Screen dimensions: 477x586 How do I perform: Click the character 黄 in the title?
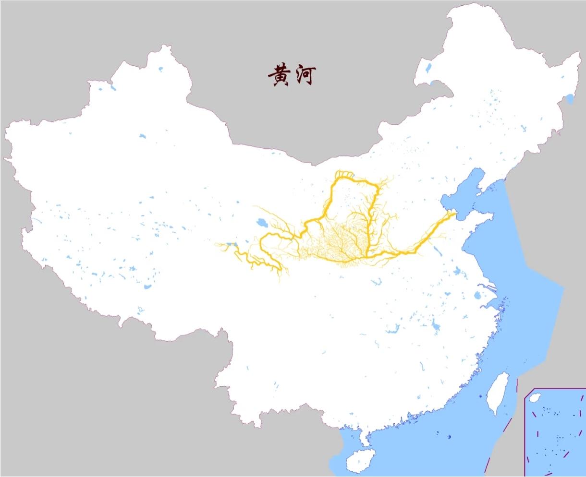point(279,76)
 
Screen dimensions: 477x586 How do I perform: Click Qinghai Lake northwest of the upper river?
point(262,223)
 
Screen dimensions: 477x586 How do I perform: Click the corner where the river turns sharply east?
point(367,255)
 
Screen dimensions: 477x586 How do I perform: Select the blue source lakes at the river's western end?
point(232,245)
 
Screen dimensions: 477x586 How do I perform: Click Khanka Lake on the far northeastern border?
point(570,100)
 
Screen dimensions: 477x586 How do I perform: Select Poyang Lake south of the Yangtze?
point(436,327)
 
